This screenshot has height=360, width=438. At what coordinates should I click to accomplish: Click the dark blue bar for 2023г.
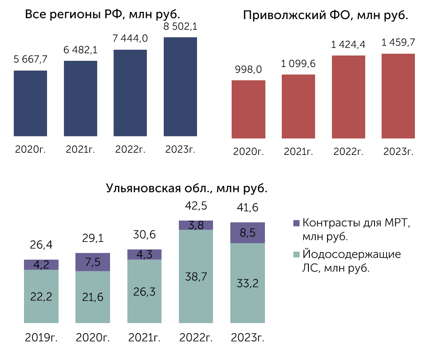pyautogui.click(x=180, y=87)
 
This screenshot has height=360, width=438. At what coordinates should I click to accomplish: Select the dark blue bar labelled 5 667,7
pyautogui.click(x=31, y=103)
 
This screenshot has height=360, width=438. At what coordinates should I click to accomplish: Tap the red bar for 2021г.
pyautogui.click(x=298, y=107)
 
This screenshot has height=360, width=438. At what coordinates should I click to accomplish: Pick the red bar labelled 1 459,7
pyautogui.click(x=399, y=96)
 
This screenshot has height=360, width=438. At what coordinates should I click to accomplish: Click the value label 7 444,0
pyautogui.click(x=130, y=38)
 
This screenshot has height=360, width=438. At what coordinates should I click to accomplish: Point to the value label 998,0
pyautogui.click(x=249, y=69)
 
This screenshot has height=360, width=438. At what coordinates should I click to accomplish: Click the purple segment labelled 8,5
pyautogui.click(x=248, y=233)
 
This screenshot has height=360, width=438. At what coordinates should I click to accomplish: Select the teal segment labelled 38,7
pyautogui.click(x=196, y=277)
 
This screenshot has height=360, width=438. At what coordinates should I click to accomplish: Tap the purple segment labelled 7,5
pyautogui.click(x=93, y=262)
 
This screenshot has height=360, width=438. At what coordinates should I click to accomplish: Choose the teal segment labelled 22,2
pyautogui.click(x=41, y=296)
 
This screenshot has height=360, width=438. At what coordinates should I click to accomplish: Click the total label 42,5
pyautogui.click(x=196, y=206)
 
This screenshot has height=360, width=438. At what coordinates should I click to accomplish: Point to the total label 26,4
pyautogui.click(x=41, y=245)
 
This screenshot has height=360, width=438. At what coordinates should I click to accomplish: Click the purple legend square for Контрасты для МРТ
pyautogui.click(x=296, y=223)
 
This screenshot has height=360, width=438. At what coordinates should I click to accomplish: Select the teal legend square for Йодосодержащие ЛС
pyautogui.click(x=296, y=254)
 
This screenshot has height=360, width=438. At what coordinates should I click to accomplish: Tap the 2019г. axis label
pyautogui.click(x=41, y=338)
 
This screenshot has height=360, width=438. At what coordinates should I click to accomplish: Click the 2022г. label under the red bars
pyautogui.click(x=348, y=152)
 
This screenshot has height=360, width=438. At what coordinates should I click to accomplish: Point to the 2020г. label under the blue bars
pyautogui.click(x=31, y=150)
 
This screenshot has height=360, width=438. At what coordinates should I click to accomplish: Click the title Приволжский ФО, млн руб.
pyautogui.click(x=325, y=15)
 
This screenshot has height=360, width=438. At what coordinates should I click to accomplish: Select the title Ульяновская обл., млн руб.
pyautogui.click(x=186, y=188)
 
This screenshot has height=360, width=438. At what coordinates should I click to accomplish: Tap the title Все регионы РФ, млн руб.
pyautogui.click(x=102, y=14)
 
